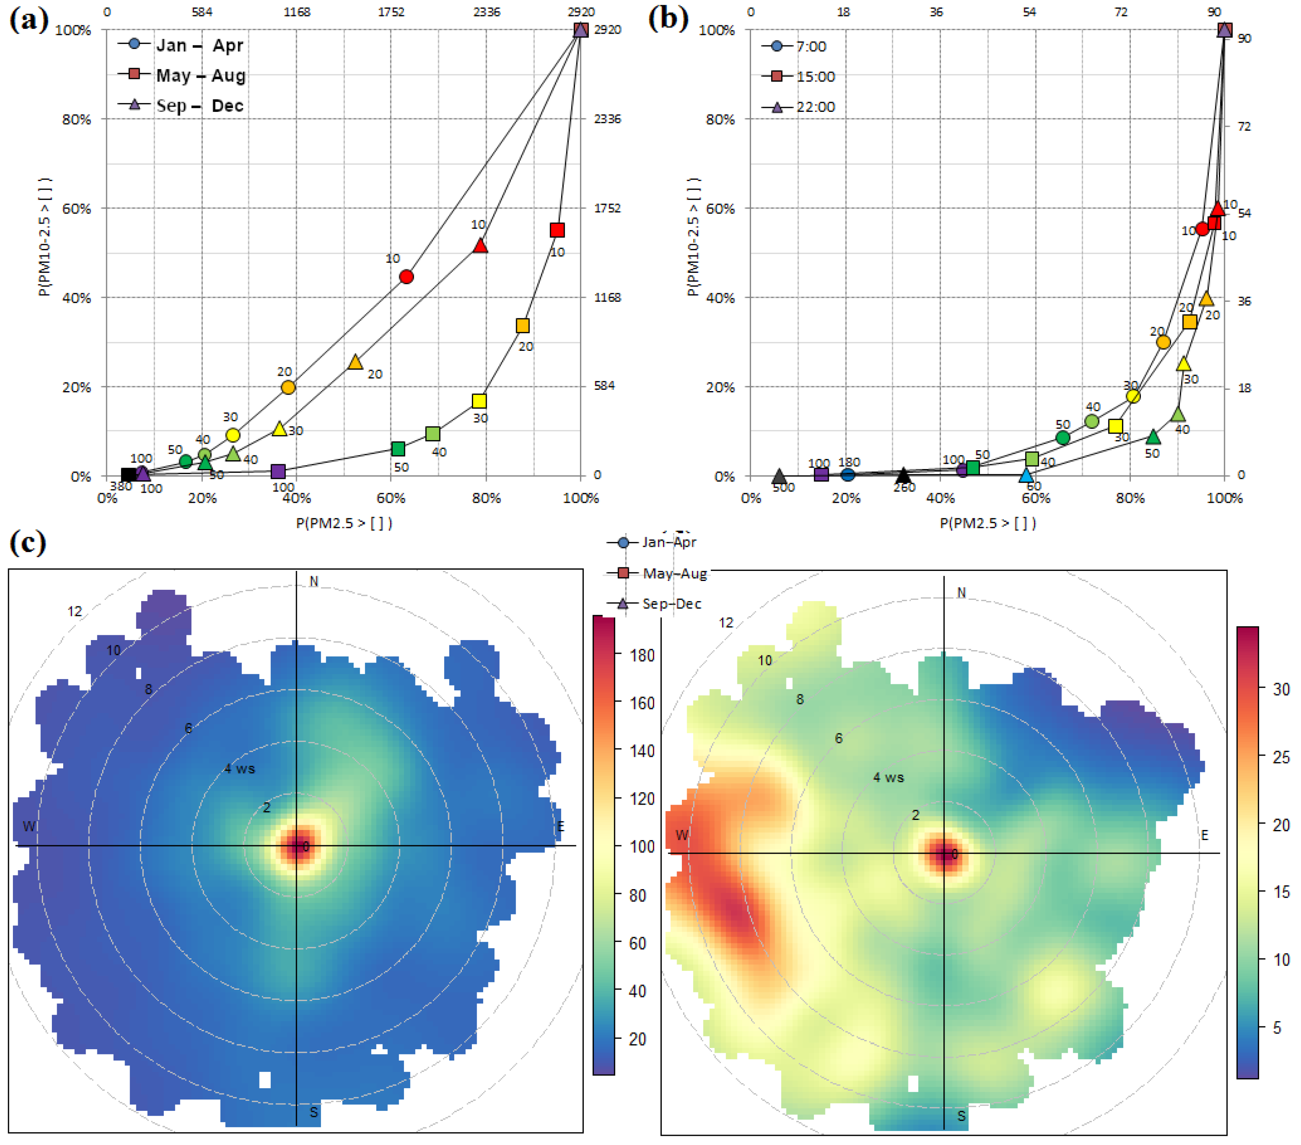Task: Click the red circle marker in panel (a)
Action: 406,276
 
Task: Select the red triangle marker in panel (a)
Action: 481,246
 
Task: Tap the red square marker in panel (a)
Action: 557,230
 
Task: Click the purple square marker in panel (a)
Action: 278,472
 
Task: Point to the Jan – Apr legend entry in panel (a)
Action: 181,45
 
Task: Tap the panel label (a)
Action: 28,19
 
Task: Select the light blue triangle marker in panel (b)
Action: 1026,475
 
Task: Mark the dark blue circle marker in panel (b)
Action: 847,474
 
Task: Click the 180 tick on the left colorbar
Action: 642,655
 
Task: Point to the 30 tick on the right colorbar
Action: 1280,689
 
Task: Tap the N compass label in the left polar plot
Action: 314,581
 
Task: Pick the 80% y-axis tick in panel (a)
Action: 76,119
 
